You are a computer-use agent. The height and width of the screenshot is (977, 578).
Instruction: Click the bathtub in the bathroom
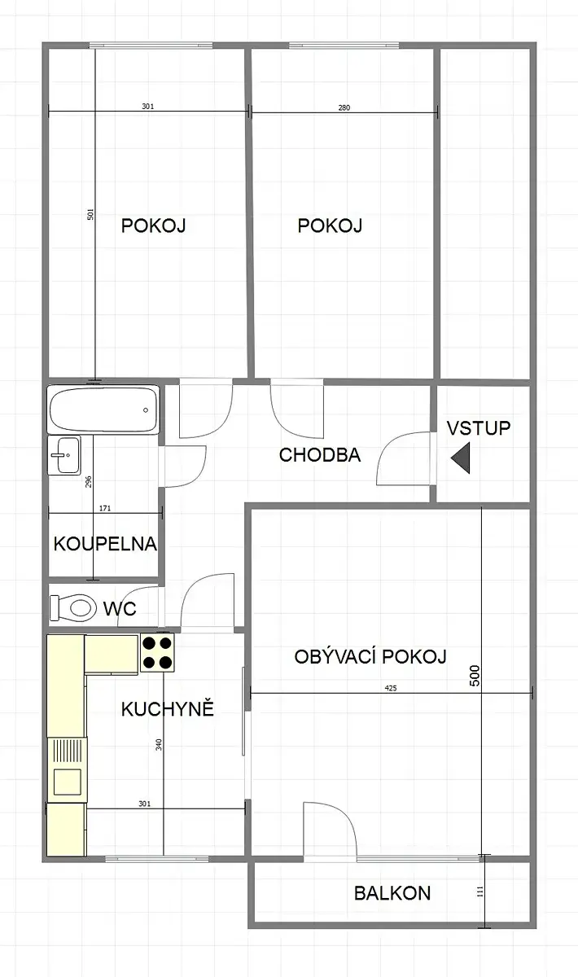point(103,410)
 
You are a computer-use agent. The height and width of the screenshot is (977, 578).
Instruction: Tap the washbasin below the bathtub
point(64,455)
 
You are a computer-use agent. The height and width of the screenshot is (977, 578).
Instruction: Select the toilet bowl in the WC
point(72,607)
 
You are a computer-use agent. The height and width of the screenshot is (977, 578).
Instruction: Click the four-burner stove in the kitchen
point(157,652)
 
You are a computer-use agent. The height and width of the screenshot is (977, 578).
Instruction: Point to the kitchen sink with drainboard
point(68,770)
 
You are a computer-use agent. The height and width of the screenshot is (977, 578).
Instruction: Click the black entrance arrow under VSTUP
point(461,458)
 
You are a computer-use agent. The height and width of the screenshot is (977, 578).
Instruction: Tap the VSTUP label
point(479,428)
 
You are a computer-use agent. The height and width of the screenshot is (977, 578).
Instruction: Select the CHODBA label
point(320,455)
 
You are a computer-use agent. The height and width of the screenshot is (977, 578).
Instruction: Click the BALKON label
point(392,893)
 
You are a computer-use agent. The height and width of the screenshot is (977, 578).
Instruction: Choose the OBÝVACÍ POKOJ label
point(370,656)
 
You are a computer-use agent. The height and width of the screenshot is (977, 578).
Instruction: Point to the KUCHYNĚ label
point(168,708)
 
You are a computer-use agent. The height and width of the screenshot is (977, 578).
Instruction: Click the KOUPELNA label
point(105,544)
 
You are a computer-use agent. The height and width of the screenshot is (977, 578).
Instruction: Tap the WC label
point(120,608)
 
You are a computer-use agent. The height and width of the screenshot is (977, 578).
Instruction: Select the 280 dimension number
point(344,107)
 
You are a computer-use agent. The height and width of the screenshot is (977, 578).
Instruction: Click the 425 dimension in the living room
point(391,688)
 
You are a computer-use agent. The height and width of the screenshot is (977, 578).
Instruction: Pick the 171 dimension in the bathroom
point(105,508)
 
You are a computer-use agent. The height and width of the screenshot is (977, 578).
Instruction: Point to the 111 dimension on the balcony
point(480,892)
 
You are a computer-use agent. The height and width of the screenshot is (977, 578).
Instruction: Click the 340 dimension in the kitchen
point(159,744)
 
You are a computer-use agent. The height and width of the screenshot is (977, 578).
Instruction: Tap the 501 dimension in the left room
point(90,214)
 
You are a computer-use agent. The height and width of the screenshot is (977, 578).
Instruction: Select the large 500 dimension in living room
point(475,675)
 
